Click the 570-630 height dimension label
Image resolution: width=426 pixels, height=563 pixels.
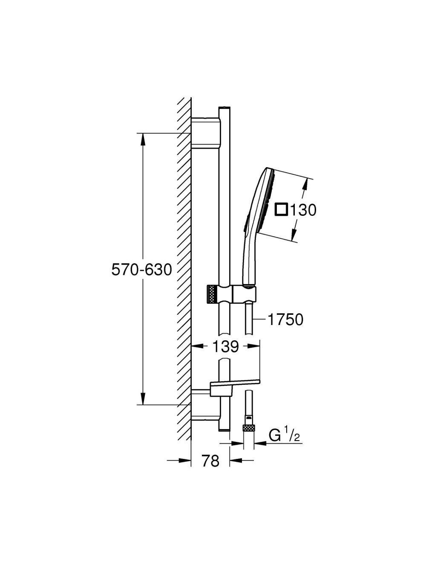tap(141, 270)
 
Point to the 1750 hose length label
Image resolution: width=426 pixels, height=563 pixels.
tap(285, 319)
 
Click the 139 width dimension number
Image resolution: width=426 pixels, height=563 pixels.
tap(226, 346)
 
